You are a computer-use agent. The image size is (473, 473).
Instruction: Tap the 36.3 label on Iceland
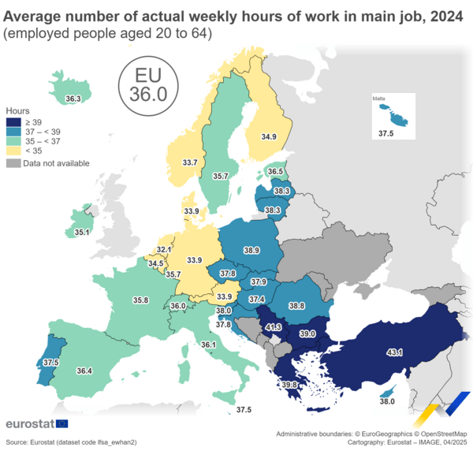pyautogui.click(x=73, y=99)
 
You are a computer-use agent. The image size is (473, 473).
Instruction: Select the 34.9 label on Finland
pyautogui.click(x=269, y=136)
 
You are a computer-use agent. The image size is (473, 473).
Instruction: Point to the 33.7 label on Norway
pyautogui.click(x=190, y=162)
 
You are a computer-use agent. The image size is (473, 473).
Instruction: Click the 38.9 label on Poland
pyautogui.click(x=251, y=250)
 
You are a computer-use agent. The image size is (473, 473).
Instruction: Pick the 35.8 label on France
pyautogui.click(x=141, y=300)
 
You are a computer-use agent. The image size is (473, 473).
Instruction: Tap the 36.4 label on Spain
pyautogui.click(x=84, y=371)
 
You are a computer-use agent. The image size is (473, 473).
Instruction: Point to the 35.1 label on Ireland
pyautogui.click(x=82, y=233)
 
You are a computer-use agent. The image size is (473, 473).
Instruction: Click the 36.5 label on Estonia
pyautogui.click(x=275, y=171)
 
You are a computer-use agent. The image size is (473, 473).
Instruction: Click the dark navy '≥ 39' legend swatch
pyautogui.click(x=13, y=122)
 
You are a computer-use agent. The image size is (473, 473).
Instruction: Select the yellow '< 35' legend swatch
pyautogui.click(x=13, y=150)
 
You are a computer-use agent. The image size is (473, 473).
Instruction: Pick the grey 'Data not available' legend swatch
pyautogui.click(x=13, y=163)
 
